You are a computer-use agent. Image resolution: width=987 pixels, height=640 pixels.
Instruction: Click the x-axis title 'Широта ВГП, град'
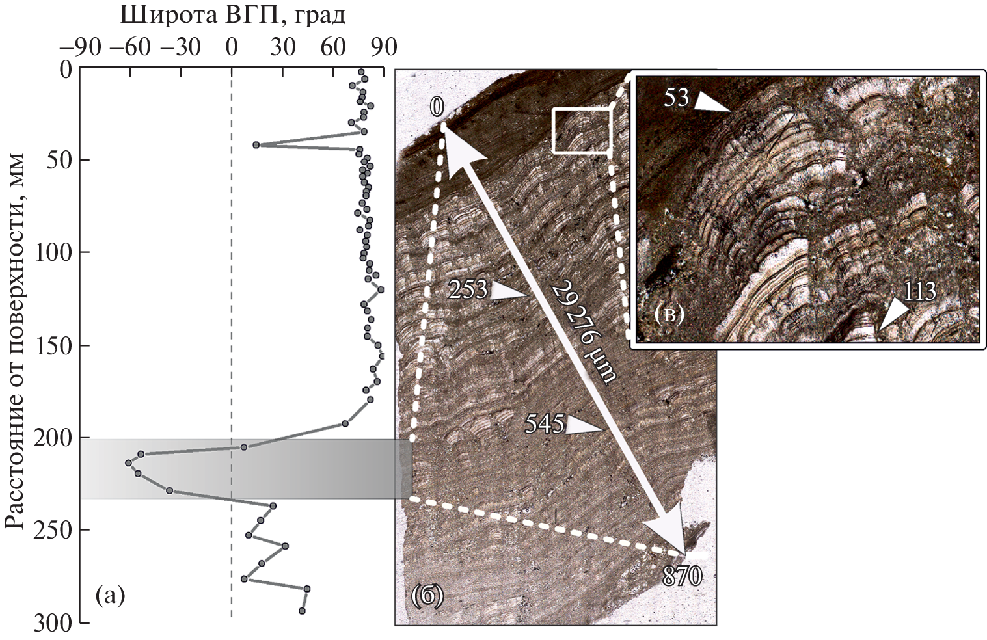pyautogui.click(x=233, y=16)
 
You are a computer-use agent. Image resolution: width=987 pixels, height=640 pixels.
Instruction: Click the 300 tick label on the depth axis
pyautogui.click(x=52, y=624)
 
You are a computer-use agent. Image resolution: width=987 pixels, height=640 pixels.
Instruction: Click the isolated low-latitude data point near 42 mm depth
pyautogui.click(x=256, y=145)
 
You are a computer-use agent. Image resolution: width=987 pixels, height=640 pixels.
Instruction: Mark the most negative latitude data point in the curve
pyautogui.click(x=128, y=463)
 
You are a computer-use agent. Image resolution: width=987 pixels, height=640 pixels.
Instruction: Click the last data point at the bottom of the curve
pyautogui.click(x=303, y=611)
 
